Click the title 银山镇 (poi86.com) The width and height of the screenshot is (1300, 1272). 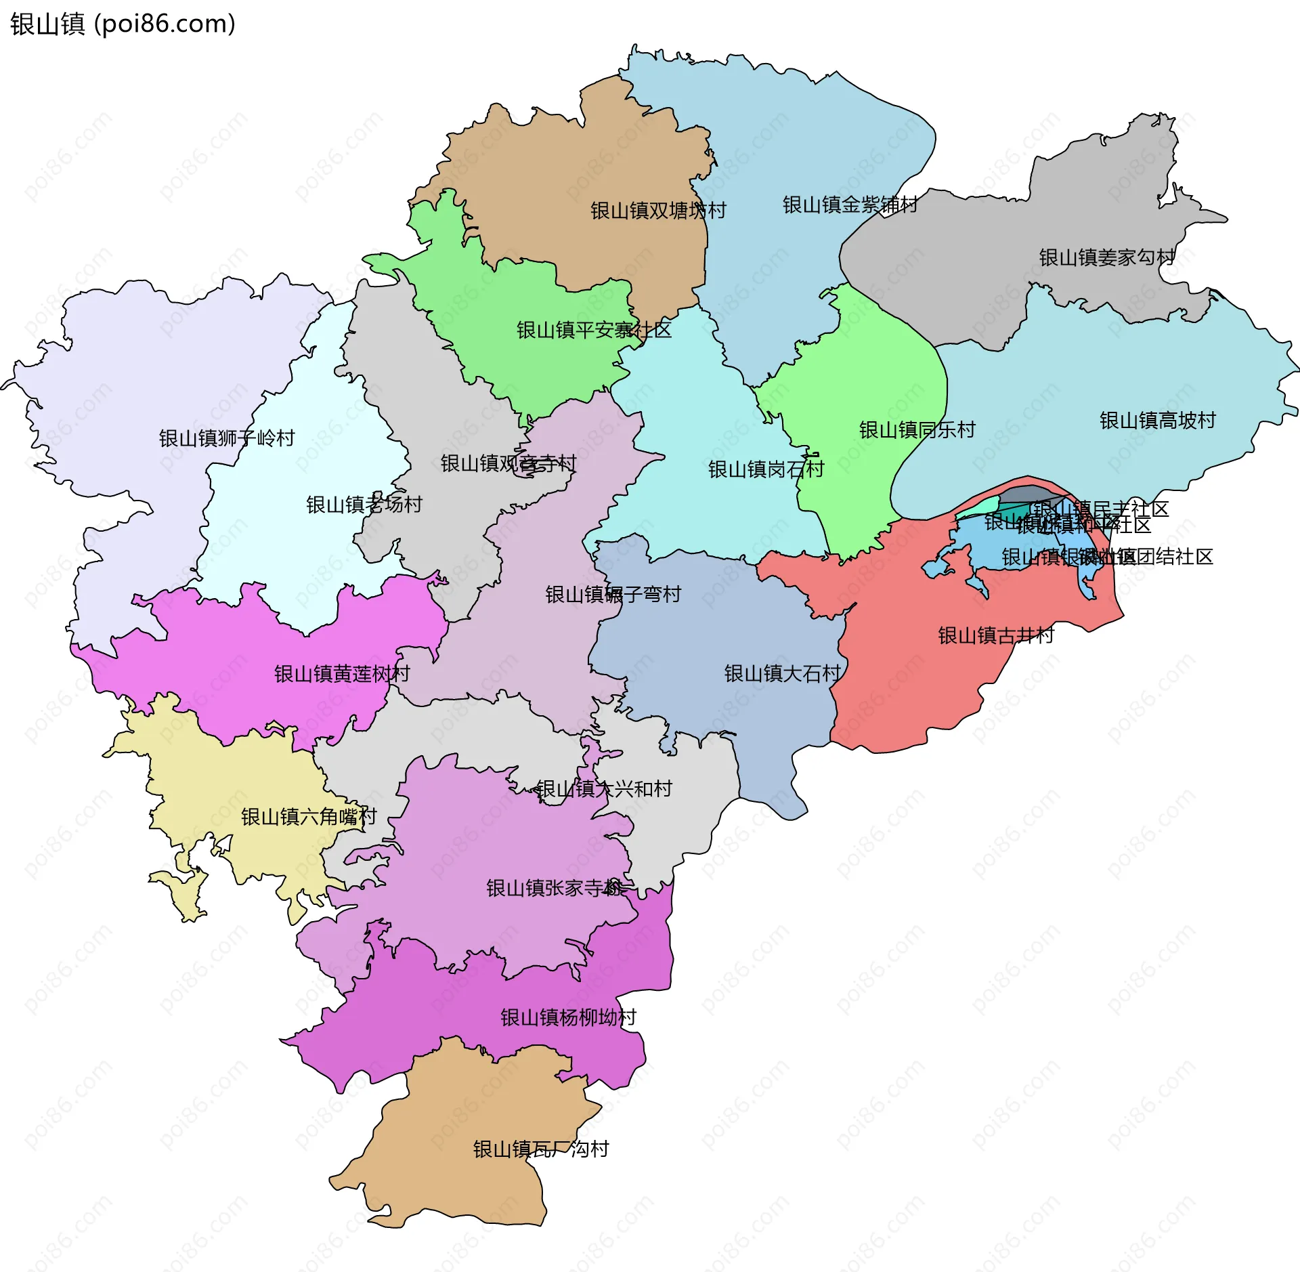coord(123,24)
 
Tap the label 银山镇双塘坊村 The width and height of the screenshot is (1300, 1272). coord(657,211)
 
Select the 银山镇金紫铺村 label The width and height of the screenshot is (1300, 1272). coord(850,205)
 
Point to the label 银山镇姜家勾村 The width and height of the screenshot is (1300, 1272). coord(1106,257)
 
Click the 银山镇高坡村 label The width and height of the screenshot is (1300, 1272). coord(1157,421)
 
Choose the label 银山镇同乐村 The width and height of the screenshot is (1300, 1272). coord(917,429)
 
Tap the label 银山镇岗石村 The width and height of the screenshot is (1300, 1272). coord(766,469)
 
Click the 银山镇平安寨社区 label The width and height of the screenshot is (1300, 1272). coord(594,330)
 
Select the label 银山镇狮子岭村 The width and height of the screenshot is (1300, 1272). coord(227,438)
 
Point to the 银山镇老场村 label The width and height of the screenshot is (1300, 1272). coord(364,504)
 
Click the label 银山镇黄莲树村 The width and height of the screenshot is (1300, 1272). coord(342,673)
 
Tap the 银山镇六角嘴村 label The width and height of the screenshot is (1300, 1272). coord(309,816)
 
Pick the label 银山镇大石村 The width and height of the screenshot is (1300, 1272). coord(782,673)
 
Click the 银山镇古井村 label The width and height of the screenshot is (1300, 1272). coord(996,635)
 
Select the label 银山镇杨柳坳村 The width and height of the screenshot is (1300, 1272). coord(568,1017)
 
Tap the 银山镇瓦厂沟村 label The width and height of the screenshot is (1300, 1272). coord(541,1149)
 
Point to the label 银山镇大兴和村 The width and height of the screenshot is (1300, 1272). coord(604,789)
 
